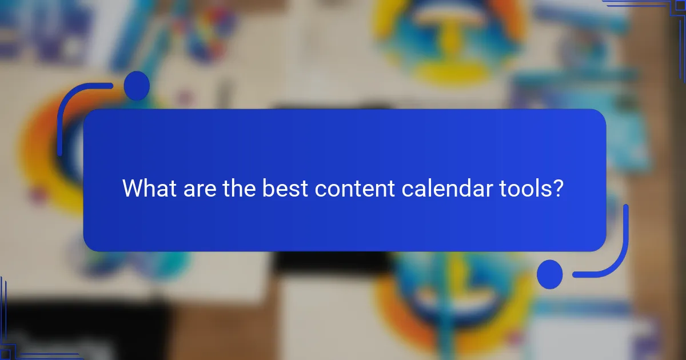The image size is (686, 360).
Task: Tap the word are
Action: point(198,189)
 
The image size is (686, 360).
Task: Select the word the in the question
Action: point(240,189)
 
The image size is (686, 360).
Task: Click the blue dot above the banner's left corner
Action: point(137,86)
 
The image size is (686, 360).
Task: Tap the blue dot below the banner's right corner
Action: point(549,274)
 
